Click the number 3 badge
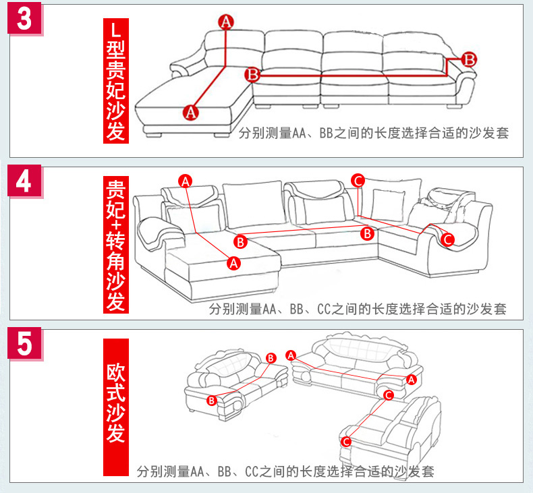tap(24, 18)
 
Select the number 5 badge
tap(24, 343)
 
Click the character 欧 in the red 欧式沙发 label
tap(115, 373)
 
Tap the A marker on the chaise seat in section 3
tap(190, 112)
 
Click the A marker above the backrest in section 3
tap(226, 22)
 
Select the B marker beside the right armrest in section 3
tap(469, 59)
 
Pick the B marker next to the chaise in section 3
tap(252, 74)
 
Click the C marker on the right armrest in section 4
tap(448, 239)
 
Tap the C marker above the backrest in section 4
tap(358, 181)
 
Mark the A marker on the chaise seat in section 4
tap(233, 263)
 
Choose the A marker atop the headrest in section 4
tap(186, 181)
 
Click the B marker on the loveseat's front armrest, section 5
tap(211, 400)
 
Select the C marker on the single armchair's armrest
tap(346, 441)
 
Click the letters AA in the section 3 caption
tap(299, 133)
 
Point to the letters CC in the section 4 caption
tap(324, 309)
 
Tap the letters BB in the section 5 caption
tap(225, 471)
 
